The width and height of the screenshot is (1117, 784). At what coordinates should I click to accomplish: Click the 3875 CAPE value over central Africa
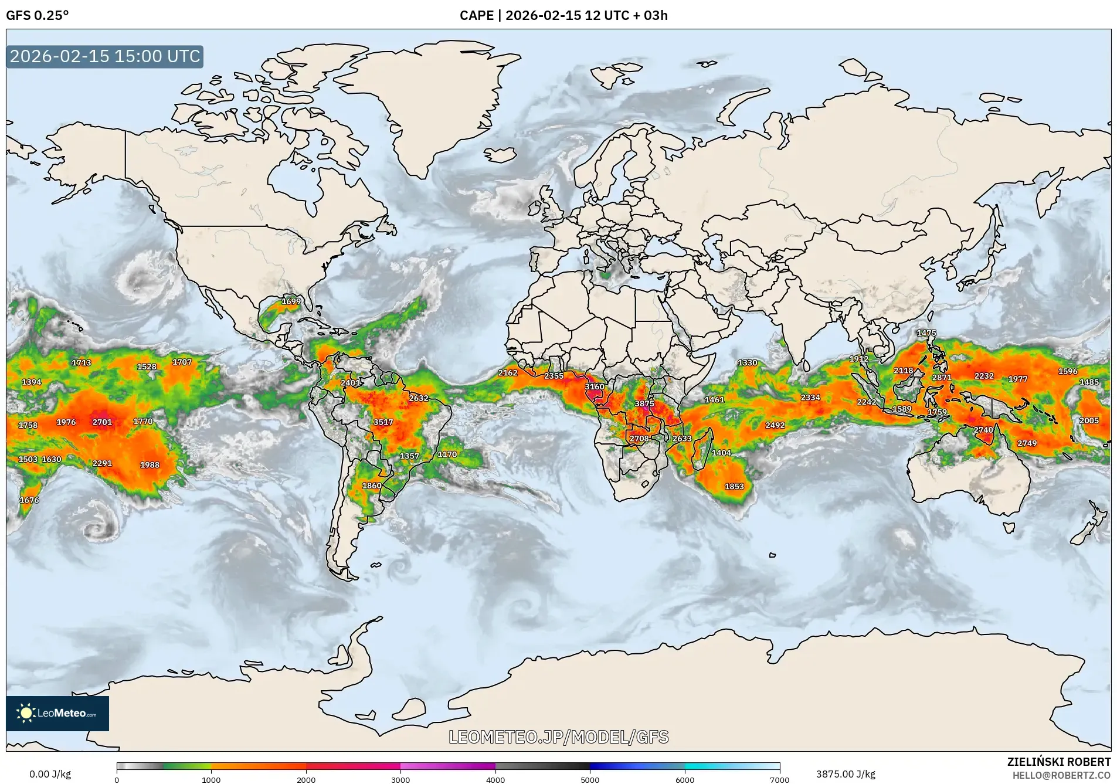click(x=644, y=403)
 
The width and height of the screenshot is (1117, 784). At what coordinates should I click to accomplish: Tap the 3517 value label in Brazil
click(x=383, y=422)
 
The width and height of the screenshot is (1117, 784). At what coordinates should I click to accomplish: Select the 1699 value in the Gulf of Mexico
click(x=291, y=301)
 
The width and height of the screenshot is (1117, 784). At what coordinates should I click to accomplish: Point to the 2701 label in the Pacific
click(x=102, y=422)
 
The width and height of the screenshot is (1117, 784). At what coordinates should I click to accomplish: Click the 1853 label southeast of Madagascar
click(x=734, y=486)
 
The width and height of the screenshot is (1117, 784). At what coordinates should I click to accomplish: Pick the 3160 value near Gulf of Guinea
click(x=594, y=386)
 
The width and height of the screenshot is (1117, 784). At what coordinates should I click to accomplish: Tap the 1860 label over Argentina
click(x=372, y=486)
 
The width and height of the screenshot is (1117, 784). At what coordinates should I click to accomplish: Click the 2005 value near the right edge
click(x=1089, y=420)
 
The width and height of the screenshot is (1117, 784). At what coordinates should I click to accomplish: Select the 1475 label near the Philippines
click(x=926, y=332)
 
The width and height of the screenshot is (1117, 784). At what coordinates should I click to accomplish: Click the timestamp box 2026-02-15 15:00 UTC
click(x=105, y=56)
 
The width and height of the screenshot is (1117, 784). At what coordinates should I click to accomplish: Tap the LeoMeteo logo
click(x=57, y=713)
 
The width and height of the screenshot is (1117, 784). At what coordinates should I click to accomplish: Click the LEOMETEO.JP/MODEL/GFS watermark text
click(x=558, y=737)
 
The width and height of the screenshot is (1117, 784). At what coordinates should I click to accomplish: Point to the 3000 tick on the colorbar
click(x=400, y=779)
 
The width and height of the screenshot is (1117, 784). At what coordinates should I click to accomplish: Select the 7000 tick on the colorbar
click(x=779, y=779)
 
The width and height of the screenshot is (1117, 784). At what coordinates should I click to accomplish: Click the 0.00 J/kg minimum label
click(x=50, y=774)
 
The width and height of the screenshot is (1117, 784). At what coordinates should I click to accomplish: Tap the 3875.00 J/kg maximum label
click(x=846, y=774)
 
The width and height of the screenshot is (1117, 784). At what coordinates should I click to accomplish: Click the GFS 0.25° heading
click(x=38, y=15)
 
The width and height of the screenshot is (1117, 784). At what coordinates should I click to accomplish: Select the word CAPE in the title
click(x=476, y=15)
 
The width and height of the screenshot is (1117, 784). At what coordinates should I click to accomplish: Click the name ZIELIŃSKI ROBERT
click(x=1058, y=762)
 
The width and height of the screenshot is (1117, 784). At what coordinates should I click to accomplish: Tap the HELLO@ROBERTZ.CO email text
click(x=1061, y=775)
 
